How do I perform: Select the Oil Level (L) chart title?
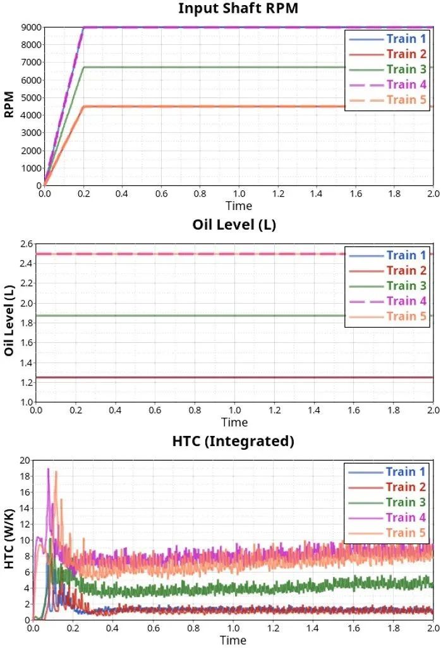coord(234,225)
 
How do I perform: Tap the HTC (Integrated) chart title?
coord(233,441)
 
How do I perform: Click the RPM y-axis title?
coord(9,106)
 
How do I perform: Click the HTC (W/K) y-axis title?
coord(9,540)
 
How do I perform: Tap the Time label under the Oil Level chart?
coord(234,422)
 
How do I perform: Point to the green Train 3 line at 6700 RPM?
coord(221,67)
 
